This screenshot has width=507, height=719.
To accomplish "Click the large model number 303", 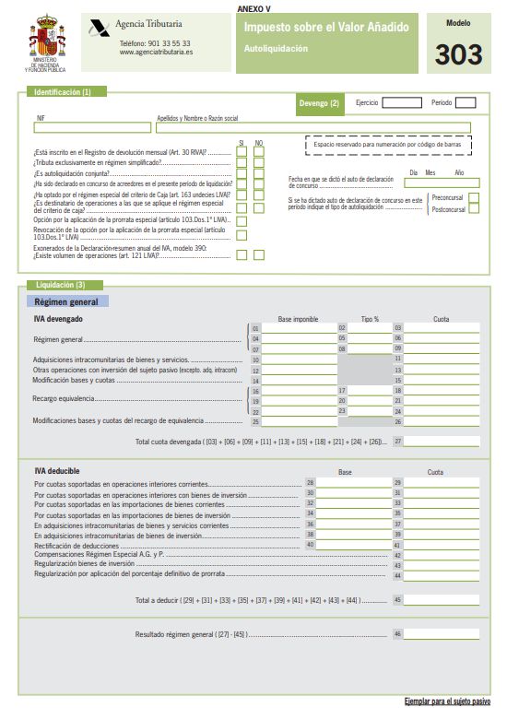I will [x=459, y=54].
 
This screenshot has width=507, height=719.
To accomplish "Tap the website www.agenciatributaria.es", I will [x=156, y=53].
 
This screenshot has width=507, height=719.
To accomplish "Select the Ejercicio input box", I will [x=401, y=103].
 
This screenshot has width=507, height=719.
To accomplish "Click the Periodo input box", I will [x=466, y=103].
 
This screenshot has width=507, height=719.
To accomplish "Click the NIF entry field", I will [x=92, y=128].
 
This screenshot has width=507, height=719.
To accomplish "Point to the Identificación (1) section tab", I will [x=63, y=92].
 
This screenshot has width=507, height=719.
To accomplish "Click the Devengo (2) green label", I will [x=318, y=103].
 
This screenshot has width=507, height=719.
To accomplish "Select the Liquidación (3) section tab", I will [x=61, y=285].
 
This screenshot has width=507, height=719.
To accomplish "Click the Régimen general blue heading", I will [x=66, y=301].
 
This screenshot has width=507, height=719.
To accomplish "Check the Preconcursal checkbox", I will [x=474, y=197].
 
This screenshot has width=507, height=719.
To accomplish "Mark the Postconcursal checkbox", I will [x=474, y=209].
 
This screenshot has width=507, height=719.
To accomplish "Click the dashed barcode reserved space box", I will [x=387, y=146].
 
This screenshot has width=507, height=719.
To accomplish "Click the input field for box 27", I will [x=442, y=442].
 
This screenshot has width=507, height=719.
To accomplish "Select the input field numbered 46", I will [x=442, y=634].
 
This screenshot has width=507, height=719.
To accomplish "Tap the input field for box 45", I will [x=442, y=599].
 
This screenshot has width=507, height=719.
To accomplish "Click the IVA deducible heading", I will [x=58, y=471].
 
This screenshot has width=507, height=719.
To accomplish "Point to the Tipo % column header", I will [x=370, y=319].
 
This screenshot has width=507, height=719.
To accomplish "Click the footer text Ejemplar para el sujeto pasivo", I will [x=447, y=702].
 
